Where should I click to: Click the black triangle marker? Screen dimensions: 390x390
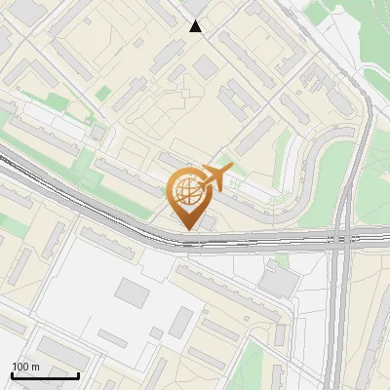(x=196, y=26)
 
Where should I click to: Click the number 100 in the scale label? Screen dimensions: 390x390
(x=20, y=367)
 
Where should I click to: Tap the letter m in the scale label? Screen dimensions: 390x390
(x=35, y=367)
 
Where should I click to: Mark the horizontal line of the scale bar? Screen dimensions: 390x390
(x=45, y=375)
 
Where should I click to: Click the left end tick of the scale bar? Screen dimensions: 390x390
(x=12, y=373)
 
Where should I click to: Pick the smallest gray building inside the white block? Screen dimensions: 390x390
(x=156, y=333)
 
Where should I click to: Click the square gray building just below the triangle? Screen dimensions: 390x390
(x=206, y=65)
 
